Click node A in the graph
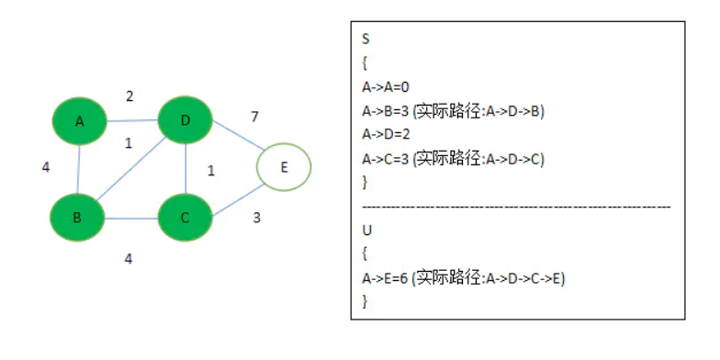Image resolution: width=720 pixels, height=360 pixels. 80,122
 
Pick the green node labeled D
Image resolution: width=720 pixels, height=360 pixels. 186,121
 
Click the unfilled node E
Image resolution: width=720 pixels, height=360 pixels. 284,167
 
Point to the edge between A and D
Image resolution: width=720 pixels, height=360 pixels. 132,121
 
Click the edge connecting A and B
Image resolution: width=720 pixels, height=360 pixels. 79,171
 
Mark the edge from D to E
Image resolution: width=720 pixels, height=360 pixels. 236,144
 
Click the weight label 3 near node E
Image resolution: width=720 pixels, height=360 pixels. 257,219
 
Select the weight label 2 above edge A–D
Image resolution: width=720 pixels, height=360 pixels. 129,96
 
